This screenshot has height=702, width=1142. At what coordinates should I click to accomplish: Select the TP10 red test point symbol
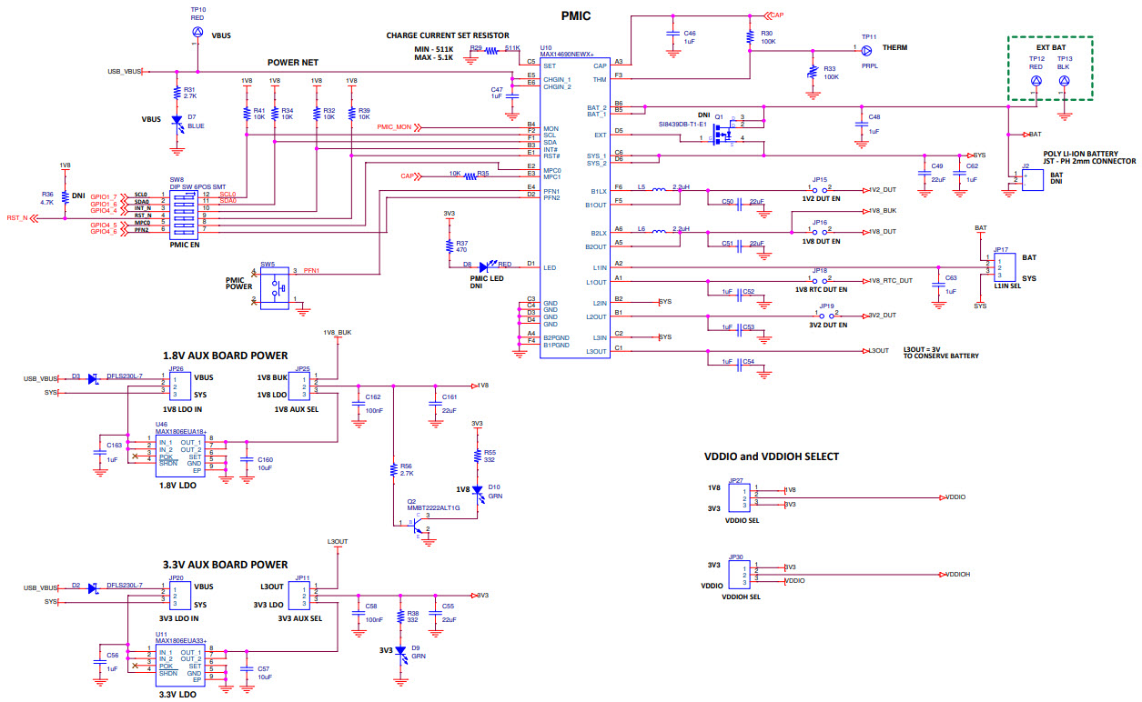click(197, 32)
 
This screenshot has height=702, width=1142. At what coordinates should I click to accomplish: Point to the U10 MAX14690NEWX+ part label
click(566, 54)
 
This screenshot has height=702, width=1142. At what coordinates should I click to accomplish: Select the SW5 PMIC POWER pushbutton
click(275, 289)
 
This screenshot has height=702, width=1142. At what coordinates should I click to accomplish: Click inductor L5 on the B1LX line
click(657, 189)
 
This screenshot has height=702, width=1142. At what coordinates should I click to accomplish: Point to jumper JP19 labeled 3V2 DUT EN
click(825, 316)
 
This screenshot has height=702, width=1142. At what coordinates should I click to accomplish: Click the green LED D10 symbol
click(477, 489)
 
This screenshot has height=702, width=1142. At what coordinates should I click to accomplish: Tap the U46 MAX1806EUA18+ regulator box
click(180, 451)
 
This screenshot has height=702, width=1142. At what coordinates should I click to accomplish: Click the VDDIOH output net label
click(956, 574)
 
